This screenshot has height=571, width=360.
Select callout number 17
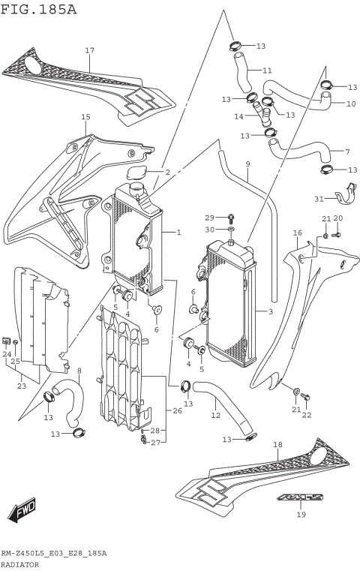click(89, 50)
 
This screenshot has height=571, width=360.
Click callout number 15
click(85, 117)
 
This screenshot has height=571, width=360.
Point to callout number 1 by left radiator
click(178, 233)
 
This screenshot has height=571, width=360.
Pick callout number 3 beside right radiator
click(270, 311)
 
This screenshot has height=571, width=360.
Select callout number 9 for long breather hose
click(247, 164)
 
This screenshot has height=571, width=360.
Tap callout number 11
click(267, 71)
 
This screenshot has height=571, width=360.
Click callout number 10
click(351, 104)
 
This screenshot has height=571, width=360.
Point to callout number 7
click(347, 152)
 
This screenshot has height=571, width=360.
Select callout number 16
click(297, 233)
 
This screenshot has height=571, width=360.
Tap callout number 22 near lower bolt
click(306, 416)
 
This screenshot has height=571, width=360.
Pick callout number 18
click(277, 445)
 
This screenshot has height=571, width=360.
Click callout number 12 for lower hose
click(215, 415)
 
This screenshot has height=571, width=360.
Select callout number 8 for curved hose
click(79, 371)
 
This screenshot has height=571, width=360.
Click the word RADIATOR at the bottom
click(20, 563)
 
